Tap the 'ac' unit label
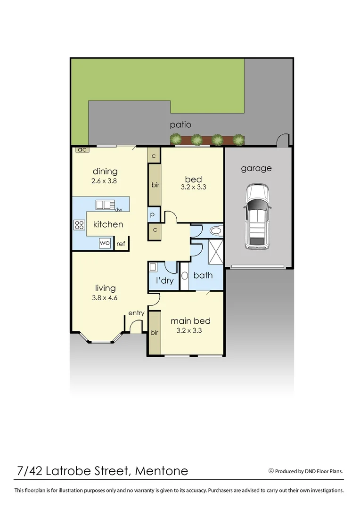(81, 149)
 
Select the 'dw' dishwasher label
(118, 209)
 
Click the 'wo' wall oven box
(105, 243)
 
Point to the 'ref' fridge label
(121, 244)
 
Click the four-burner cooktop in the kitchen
(79, 225)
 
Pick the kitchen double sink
(105, 205)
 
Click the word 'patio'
(181, 125)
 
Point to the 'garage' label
(256, 168)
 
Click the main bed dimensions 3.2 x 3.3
(189, 331)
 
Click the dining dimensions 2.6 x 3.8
(105, 181)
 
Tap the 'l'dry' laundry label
(164, 281)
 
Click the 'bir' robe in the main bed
(154, 332)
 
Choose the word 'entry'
(136, 313)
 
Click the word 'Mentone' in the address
(162, 470)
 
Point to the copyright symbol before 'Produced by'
(271, 470)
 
